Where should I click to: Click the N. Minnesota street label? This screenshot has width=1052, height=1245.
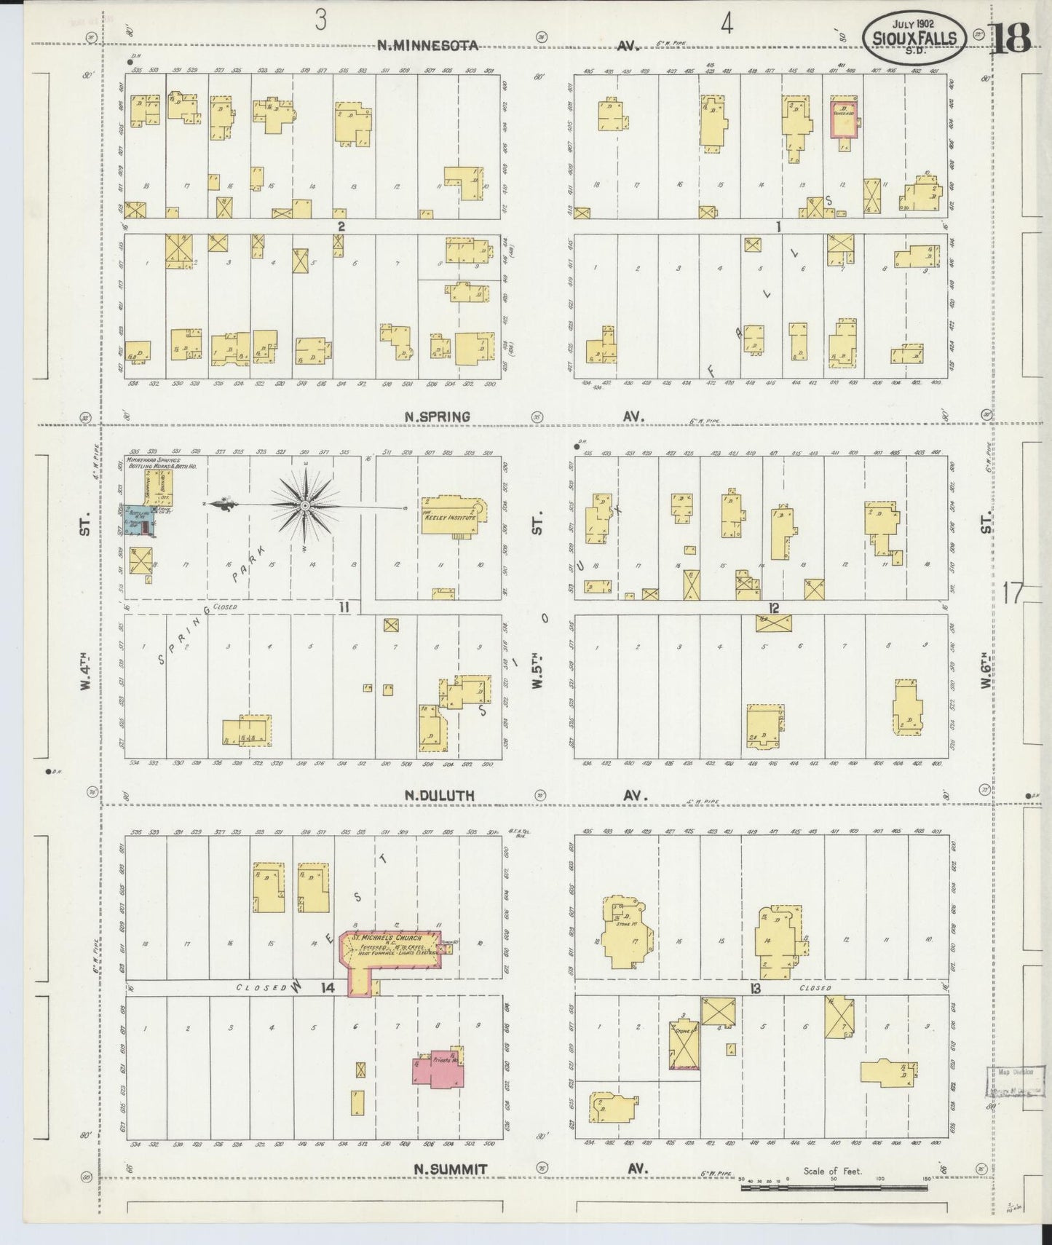click(x=427, y=46)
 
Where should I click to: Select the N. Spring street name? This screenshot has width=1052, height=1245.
click(x=437, y=416)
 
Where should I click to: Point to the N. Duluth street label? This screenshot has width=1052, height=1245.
click(x=439, y=796)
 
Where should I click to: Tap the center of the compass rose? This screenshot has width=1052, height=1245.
click(x=305, y=505)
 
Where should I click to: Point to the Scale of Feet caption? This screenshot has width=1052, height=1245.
click(x=832, y=1171)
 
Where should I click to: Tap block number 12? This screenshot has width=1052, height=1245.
click(x=773, y=608)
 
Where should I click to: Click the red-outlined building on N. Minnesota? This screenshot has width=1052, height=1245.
click(x=844, y=117)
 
